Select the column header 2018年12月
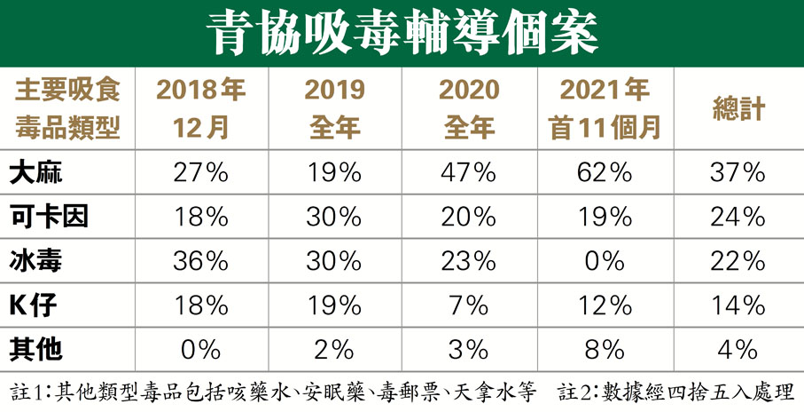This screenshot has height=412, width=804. point(201,108)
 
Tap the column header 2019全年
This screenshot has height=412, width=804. point(334,108)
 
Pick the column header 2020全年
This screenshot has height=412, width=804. point(470,108)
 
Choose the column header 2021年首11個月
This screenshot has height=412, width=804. point(605,108)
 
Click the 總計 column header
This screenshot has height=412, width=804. point(738,109)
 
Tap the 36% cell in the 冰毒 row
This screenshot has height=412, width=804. point(201,261)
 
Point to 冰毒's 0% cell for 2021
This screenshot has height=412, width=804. point(605,261)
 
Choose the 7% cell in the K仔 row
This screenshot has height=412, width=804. point(470,305)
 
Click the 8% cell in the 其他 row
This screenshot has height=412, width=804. point(605,349)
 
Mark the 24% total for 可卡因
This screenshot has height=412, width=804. point(738,217)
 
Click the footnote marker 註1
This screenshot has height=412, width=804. point(25,392)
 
